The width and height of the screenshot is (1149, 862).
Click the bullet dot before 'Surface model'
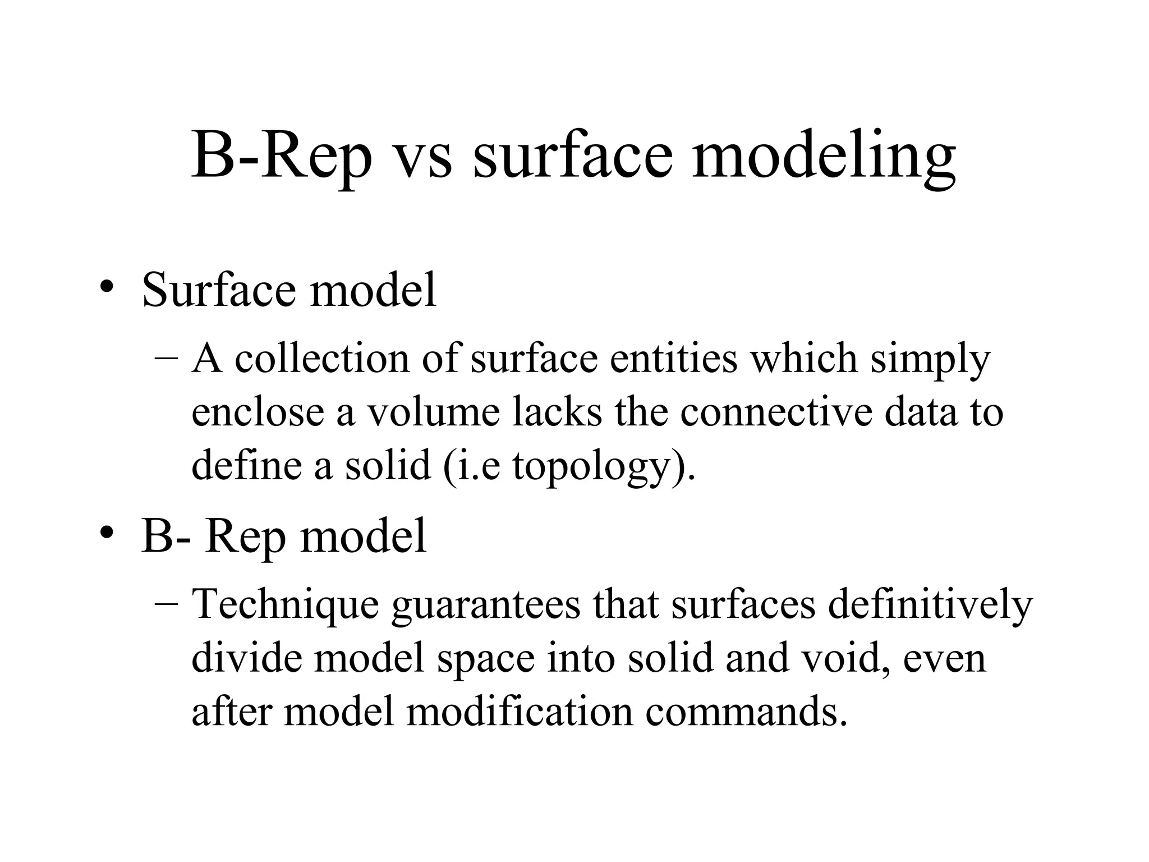click(106, 287)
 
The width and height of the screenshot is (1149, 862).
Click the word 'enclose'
click(258, 412)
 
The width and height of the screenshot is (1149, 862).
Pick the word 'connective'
click(776, 412)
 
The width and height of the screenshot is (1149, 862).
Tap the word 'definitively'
click(930, 605)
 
